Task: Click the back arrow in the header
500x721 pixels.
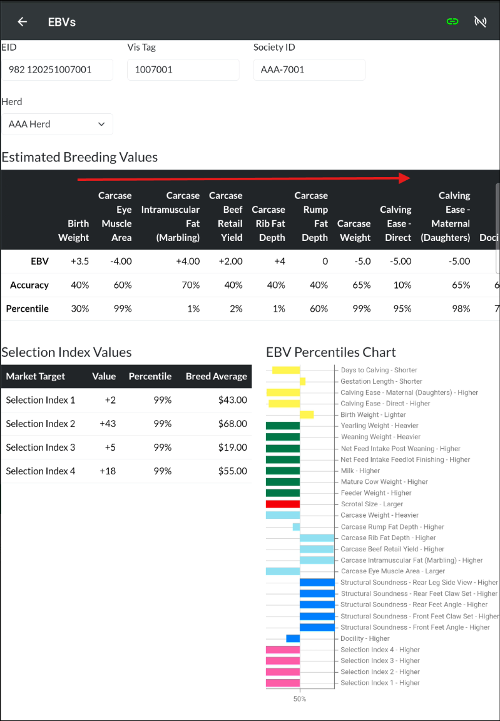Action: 23,22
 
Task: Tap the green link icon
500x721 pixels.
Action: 452,22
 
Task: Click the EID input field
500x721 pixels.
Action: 57,69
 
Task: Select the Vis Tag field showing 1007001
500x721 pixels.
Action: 183,69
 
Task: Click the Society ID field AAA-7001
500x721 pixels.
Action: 309,69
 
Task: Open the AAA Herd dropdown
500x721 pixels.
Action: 57,124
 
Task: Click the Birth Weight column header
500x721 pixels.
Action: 74,230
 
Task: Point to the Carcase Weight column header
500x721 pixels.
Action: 354,230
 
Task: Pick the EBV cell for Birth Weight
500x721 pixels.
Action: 78,261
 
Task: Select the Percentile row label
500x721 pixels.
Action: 28,309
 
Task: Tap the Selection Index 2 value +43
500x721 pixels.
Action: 108,424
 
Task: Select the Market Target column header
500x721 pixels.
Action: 36,376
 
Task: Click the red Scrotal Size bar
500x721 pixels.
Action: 283,504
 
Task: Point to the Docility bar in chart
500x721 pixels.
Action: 293,638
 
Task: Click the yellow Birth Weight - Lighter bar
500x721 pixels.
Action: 307,414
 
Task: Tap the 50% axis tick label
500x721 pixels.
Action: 300,698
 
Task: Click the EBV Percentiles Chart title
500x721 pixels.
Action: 331,352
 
